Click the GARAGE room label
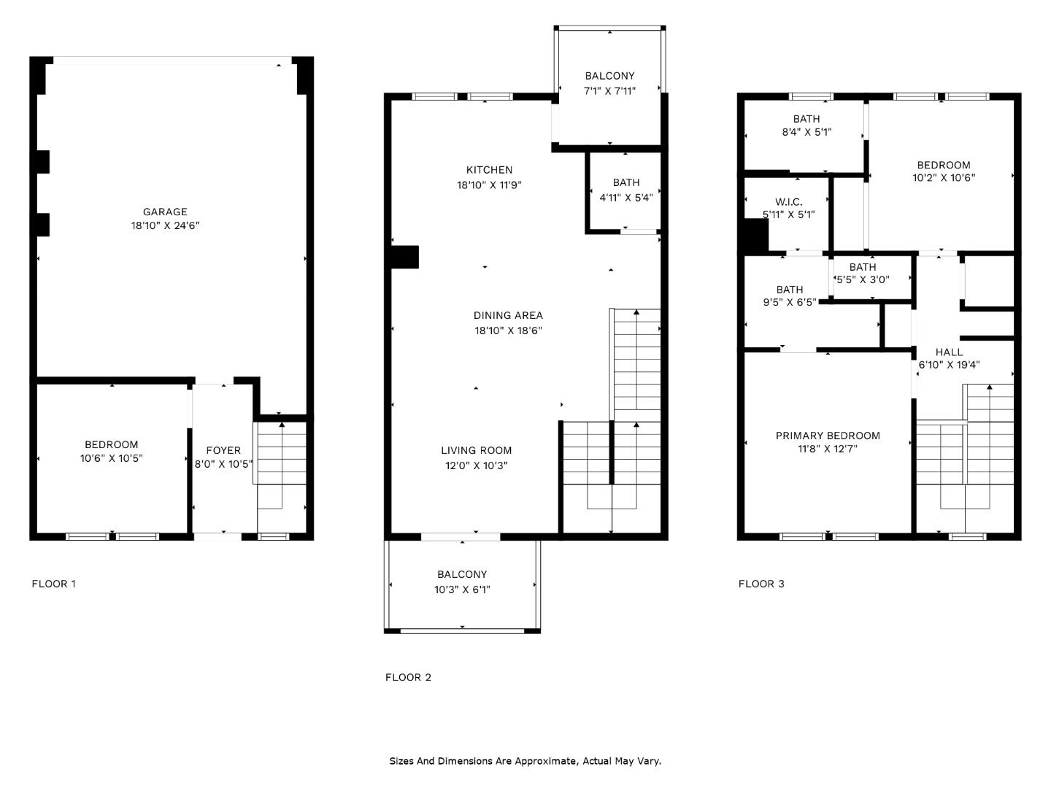click(x=165, y=212)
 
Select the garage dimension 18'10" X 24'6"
click(x=165, y=226)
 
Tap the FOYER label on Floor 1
click(x=223, y=450)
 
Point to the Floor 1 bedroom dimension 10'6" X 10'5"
click(x=111, y=458)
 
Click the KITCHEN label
click(x=489, y=170)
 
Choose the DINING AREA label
click(x=508, y=315)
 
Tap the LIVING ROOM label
click(x=476, y=450)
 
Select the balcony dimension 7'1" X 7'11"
click(x=609, y=91)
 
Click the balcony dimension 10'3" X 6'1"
click(x=462, y=590)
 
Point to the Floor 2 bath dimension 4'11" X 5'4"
click(x=625, y=198)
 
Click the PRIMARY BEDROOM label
click(x=828, y=436)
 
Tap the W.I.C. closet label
click(x=788, y=201)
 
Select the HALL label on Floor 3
click(x=949, y=352)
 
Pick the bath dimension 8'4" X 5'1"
click(x=806, y=133)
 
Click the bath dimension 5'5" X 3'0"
click(x=862, y=279)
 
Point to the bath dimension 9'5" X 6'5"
click(x=789, y=302)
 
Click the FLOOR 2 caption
click(x=408, y=677)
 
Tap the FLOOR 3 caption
click(x=761, y=584)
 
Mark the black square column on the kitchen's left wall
click(x=404, y=258)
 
